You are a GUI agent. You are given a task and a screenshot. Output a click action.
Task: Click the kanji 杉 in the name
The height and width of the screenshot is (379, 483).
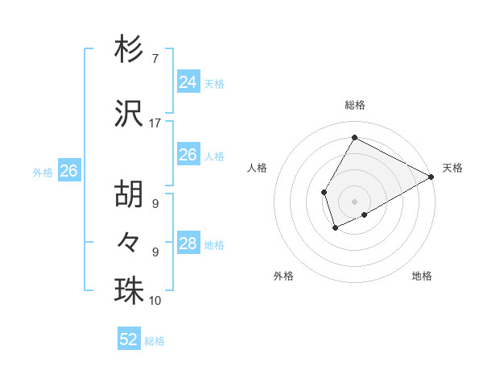(130, 50)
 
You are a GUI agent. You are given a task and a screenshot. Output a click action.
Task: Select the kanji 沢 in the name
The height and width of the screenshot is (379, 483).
(130, 114)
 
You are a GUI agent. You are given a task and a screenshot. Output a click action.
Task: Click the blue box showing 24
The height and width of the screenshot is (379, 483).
(188, 82)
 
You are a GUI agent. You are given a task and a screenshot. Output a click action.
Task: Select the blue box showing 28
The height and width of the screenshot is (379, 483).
(188, 244)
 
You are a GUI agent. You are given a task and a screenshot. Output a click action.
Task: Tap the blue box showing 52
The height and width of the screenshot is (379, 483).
(129, 339)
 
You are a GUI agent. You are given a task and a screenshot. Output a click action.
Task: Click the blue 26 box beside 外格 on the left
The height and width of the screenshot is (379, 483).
(69, 171)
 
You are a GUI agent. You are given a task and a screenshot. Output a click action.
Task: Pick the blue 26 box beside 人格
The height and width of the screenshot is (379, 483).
(188, 155)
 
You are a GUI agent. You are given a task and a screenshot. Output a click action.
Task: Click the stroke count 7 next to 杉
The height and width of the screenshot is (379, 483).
(155, 59)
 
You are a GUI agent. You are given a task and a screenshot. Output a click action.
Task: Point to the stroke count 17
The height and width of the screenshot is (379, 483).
(155, 123)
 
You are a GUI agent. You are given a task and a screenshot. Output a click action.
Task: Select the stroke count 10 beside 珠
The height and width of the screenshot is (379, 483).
(155, 301)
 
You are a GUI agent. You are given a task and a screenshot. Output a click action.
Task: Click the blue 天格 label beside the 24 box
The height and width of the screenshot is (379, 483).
(213, 84)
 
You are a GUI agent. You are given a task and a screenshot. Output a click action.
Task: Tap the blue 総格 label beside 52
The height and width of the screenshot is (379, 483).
(155, 341)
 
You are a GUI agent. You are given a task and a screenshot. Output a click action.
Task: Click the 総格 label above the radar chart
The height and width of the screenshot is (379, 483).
(355, 105)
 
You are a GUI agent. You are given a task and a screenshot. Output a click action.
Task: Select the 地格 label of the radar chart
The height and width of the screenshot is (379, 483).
(422, 276)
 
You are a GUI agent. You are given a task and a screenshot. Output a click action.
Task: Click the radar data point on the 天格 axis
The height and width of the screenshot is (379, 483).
(431, 177)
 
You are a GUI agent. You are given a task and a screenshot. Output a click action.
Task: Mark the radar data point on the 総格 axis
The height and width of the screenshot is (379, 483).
(354, 138)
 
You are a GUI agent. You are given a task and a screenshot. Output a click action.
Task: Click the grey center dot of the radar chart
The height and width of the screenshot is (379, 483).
(354, 201)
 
